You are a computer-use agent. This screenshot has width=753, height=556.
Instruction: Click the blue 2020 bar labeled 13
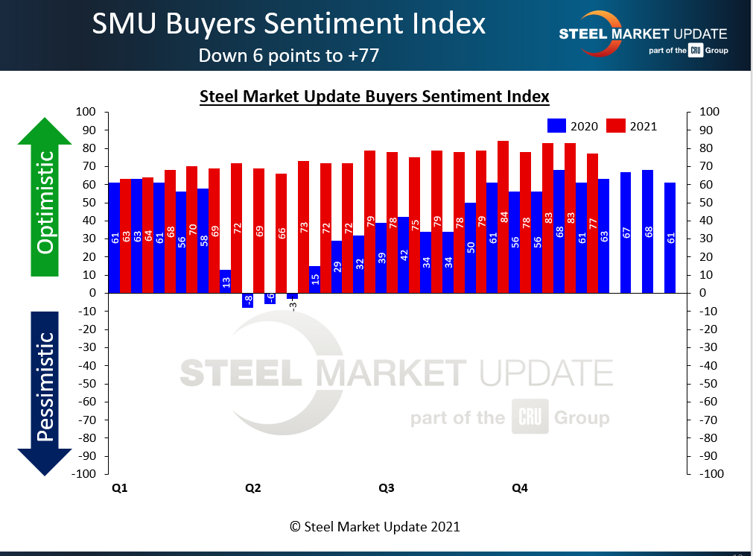click(x=225, y=281)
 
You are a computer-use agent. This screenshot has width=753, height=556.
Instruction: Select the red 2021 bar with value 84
click(x=503, y=216)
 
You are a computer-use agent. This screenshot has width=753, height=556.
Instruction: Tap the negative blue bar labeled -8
click(x=247, y=300)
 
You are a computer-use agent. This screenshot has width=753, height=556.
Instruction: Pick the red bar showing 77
click(x=593, y=223)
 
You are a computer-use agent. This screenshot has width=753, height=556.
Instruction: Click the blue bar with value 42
click(x=403, y=255)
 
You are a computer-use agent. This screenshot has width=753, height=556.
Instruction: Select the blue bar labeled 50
click(x=470, y=247)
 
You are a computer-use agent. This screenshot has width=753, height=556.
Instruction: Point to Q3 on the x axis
click(x=386, y=488)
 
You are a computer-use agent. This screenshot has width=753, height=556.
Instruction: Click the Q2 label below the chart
click(x=252, y=488)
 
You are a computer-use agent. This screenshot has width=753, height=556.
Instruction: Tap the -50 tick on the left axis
click(x=88, y=384)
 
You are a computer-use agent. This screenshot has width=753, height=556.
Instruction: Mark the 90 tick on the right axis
click(x=708, y=130)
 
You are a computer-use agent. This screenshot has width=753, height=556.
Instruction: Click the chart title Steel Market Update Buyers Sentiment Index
click(x=375, y=97)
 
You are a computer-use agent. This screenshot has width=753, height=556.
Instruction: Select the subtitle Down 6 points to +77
click(x=288, y=55)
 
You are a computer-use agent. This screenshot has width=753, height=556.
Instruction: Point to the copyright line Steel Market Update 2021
click(x=375, y=526)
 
